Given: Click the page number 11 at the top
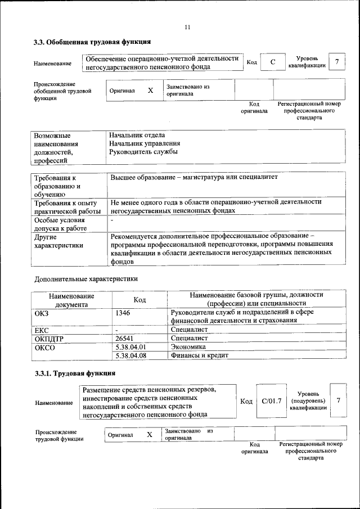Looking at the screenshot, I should [x=187, y=27].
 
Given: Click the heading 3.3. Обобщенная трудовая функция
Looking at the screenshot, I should [x=91, y=42].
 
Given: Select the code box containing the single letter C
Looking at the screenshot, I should [x=273, y=62].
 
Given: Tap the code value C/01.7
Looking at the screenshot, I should [x=271, y=401].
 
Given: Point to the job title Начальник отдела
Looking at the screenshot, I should [x=138, y=135].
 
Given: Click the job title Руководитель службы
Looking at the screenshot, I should [x=144, y=152].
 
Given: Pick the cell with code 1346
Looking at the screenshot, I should [x=123, y=312].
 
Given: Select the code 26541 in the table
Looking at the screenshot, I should [x=125, y=339].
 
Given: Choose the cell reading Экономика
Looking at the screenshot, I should [x=188, y=347].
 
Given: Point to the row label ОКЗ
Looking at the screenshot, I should [x=43, y=312].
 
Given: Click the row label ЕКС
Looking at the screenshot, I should [x=42, y=330].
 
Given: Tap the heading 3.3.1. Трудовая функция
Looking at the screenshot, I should [x=74, y=373].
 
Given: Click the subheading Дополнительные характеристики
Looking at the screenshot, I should [x=86, y=278].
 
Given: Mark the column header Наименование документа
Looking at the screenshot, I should [x=71, y=300].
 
